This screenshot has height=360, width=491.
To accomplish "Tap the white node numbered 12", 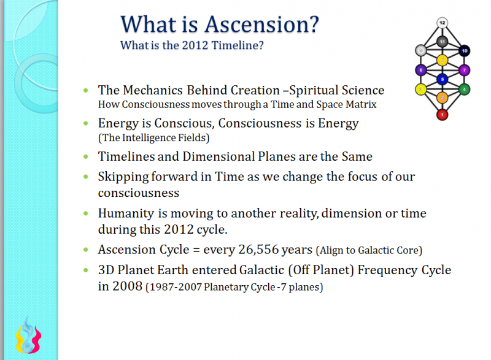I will tap(442, 23).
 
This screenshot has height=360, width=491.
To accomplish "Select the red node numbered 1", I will tap(442, 114).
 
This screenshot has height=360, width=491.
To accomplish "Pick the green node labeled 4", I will tap(465, 90).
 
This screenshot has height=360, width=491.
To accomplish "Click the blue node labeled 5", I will tap(442, 79).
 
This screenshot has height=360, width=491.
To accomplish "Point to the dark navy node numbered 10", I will tap(465, 50).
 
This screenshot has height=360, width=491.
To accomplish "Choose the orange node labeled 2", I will tap(442, 98).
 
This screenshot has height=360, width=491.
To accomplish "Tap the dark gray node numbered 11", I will tap(442, 41).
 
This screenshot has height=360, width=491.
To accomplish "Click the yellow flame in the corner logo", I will tap(19, 339).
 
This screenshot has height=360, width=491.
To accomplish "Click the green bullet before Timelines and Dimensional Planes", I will tap(85, 156).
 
